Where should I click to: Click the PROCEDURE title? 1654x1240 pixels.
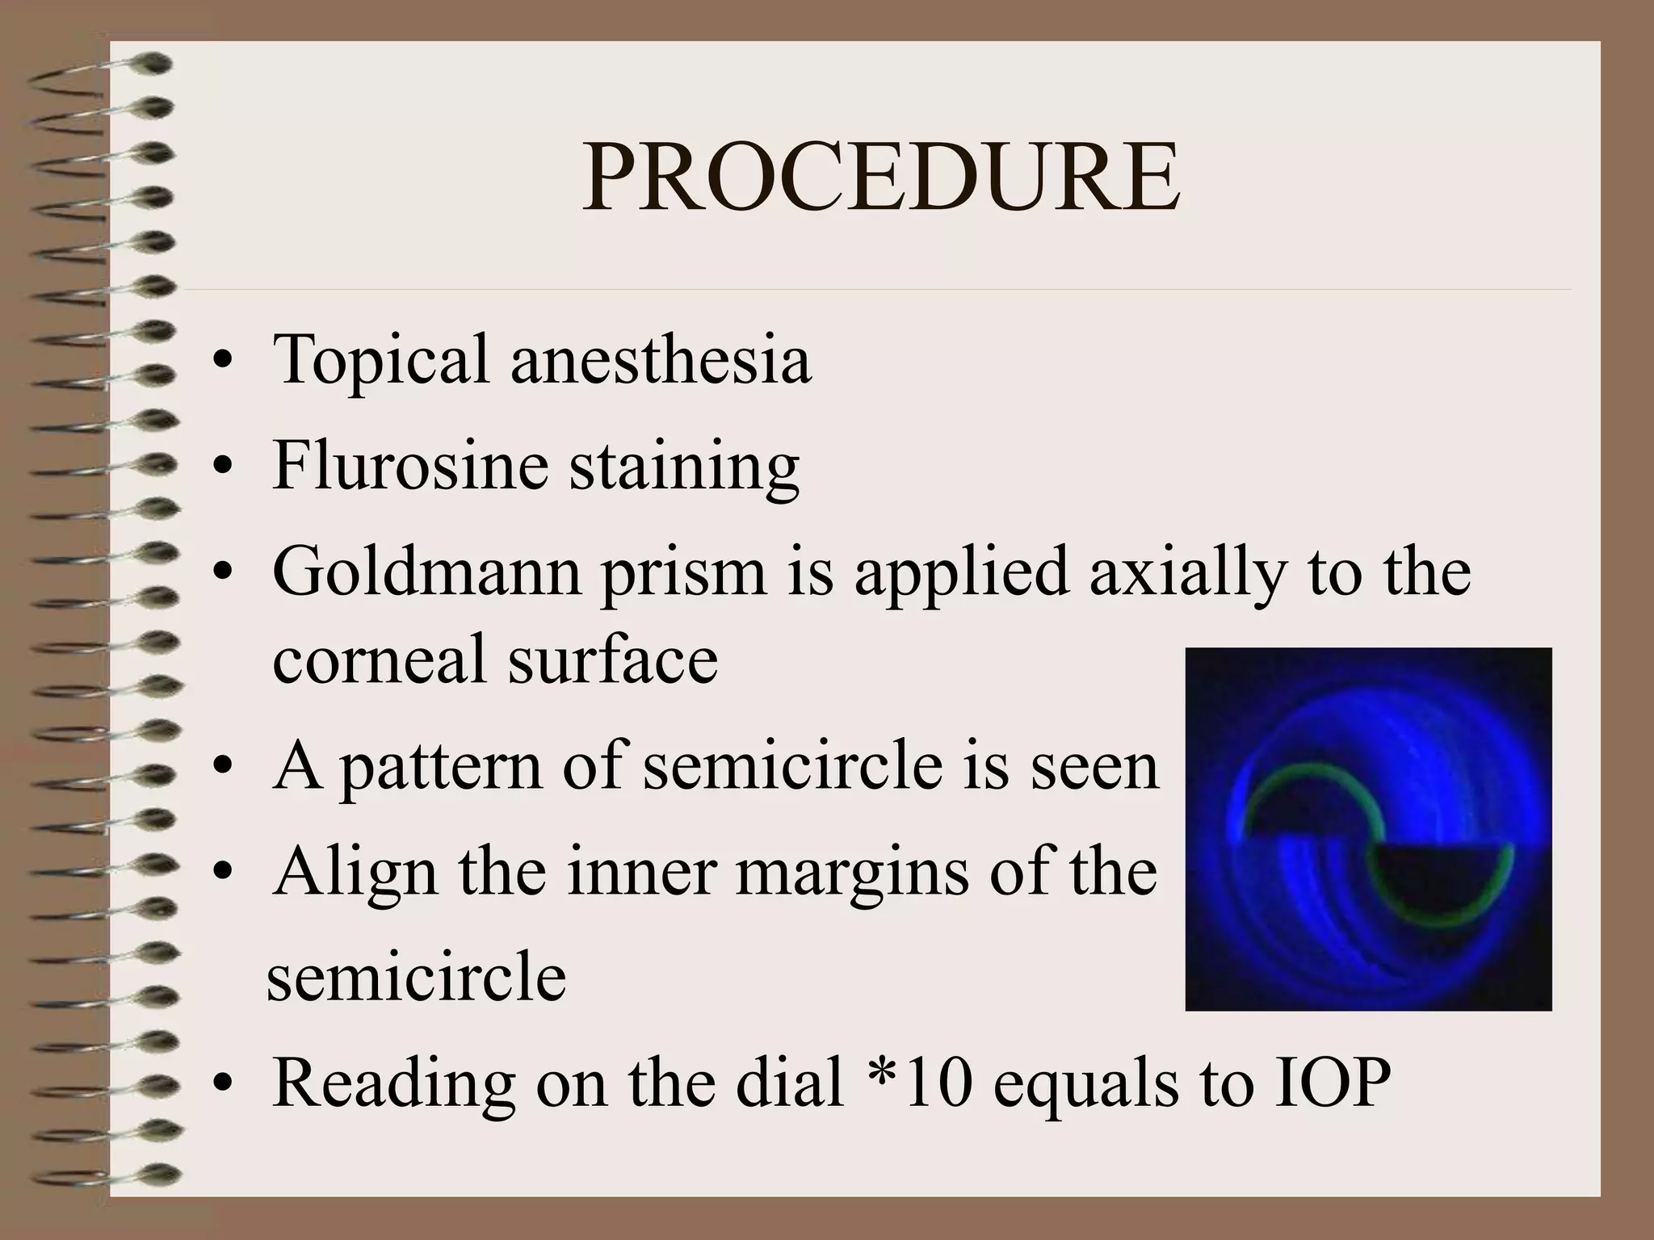coord(881,178)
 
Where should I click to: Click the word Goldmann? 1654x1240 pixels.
coord(426,571)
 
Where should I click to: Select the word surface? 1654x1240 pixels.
coord(613,657)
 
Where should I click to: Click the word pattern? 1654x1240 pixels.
coord(441,767)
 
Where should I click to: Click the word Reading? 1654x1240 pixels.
coord(395,1082)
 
